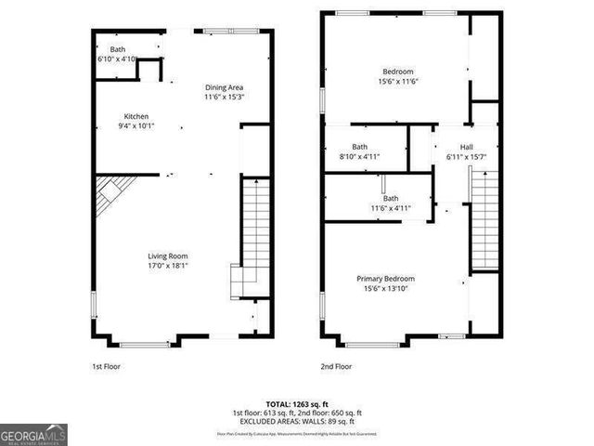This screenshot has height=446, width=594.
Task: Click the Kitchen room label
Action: tap(136, 116)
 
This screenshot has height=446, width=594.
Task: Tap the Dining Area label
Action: tap(224, 87)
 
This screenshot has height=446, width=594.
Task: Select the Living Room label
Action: tap(168, 256)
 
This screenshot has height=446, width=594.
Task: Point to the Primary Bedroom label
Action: tap(386, 278)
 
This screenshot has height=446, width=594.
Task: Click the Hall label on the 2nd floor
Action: tap(467, 147)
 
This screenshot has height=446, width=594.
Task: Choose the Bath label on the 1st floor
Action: tap(118, 49)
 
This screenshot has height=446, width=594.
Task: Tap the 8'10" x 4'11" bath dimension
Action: tap(361, 157)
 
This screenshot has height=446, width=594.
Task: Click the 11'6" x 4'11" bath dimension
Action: tap(391, 208)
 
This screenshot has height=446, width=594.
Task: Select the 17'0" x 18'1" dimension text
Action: tap(168, 266)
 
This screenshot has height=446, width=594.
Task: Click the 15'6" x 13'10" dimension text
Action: tap(386, 288)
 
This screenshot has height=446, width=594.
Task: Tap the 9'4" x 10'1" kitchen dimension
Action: tap(136, 126)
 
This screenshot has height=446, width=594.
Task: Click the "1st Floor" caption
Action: tap(106, 366)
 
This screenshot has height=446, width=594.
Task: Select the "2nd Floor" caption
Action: tap(336, 366)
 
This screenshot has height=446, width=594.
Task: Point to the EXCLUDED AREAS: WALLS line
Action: tap(297, 420)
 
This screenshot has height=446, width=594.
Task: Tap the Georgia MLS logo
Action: tap(34, 434)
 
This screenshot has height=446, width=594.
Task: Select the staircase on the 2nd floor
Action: tap(484, 223)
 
